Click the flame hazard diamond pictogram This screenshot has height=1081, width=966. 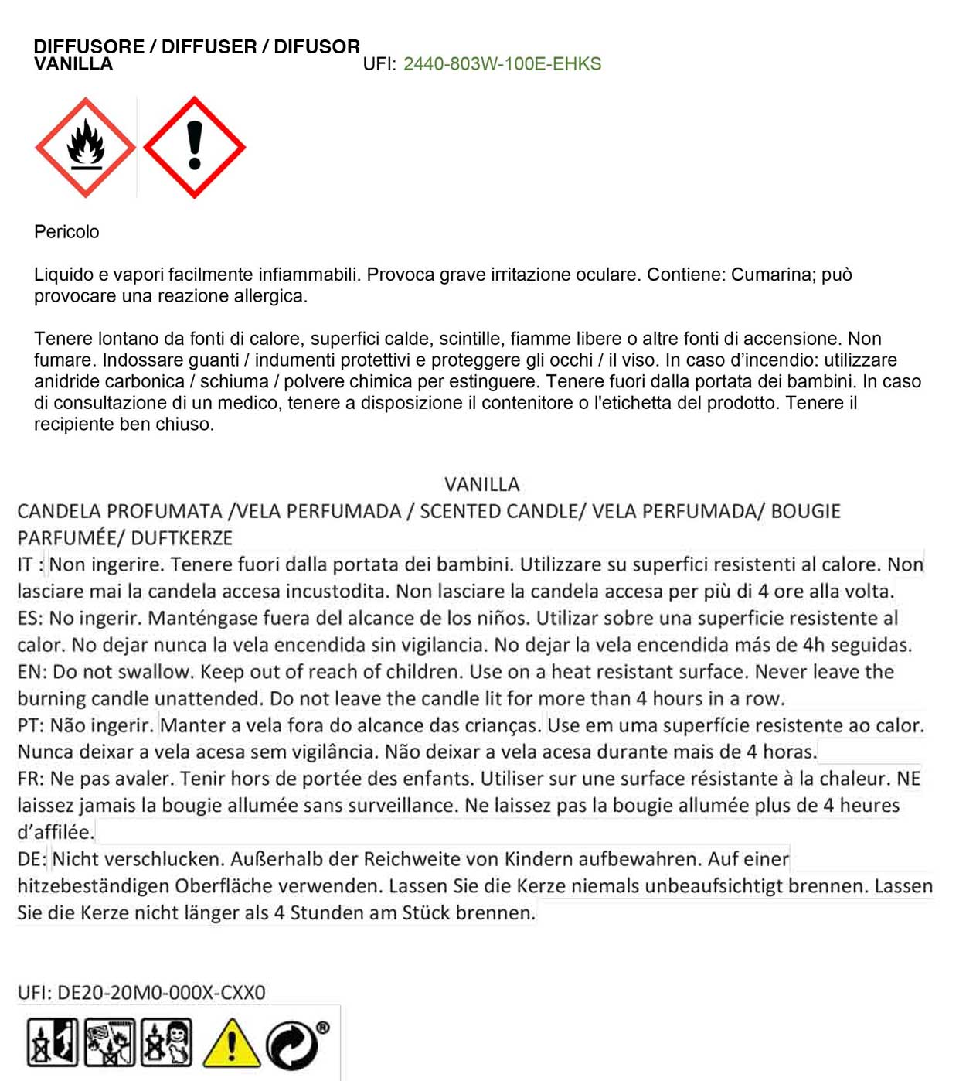pyautogui.click(x=85, y=147)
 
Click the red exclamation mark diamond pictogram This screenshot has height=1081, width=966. pyautogui.click(x=195, y=147)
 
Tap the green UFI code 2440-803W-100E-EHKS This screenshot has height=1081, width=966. pyautogui.click(x=502, y=64)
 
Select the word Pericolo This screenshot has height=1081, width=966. pyautogui.click(x=66, y=232)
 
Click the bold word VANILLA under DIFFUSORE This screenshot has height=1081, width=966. pyautogui.click(x=73, y=64)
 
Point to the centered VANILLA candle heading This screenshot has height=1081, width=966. pyautogui.click(x=482, y=485)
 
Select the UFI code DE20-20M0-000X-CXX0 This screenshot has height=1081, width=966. pyautogui.click(x=162, y=992)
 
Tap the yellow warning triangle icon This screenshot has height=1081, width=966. pyautogui.click(x=231, y=1043)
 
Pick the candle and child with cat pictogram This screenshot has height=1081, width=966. pyautogui.click(x=166, y=1042)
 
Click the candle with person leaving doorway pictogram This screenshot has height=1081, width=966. pyautogui.click(x=53, y=1042)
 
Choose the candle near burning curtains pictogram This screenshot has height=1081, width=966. pyautogui.click(x=110, y=1042)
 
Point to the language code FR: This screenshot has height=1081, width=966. pyautogui.click(x=30, y=779)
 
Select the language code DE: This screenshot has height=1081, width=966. pyautogui.click(x=31, y=859)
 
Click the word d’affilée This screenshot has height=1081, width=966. pyautogui.click(x=56, y=833)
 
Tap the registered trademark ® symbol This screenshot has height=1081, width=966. pyautogui.click(x=323, y=1028)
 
